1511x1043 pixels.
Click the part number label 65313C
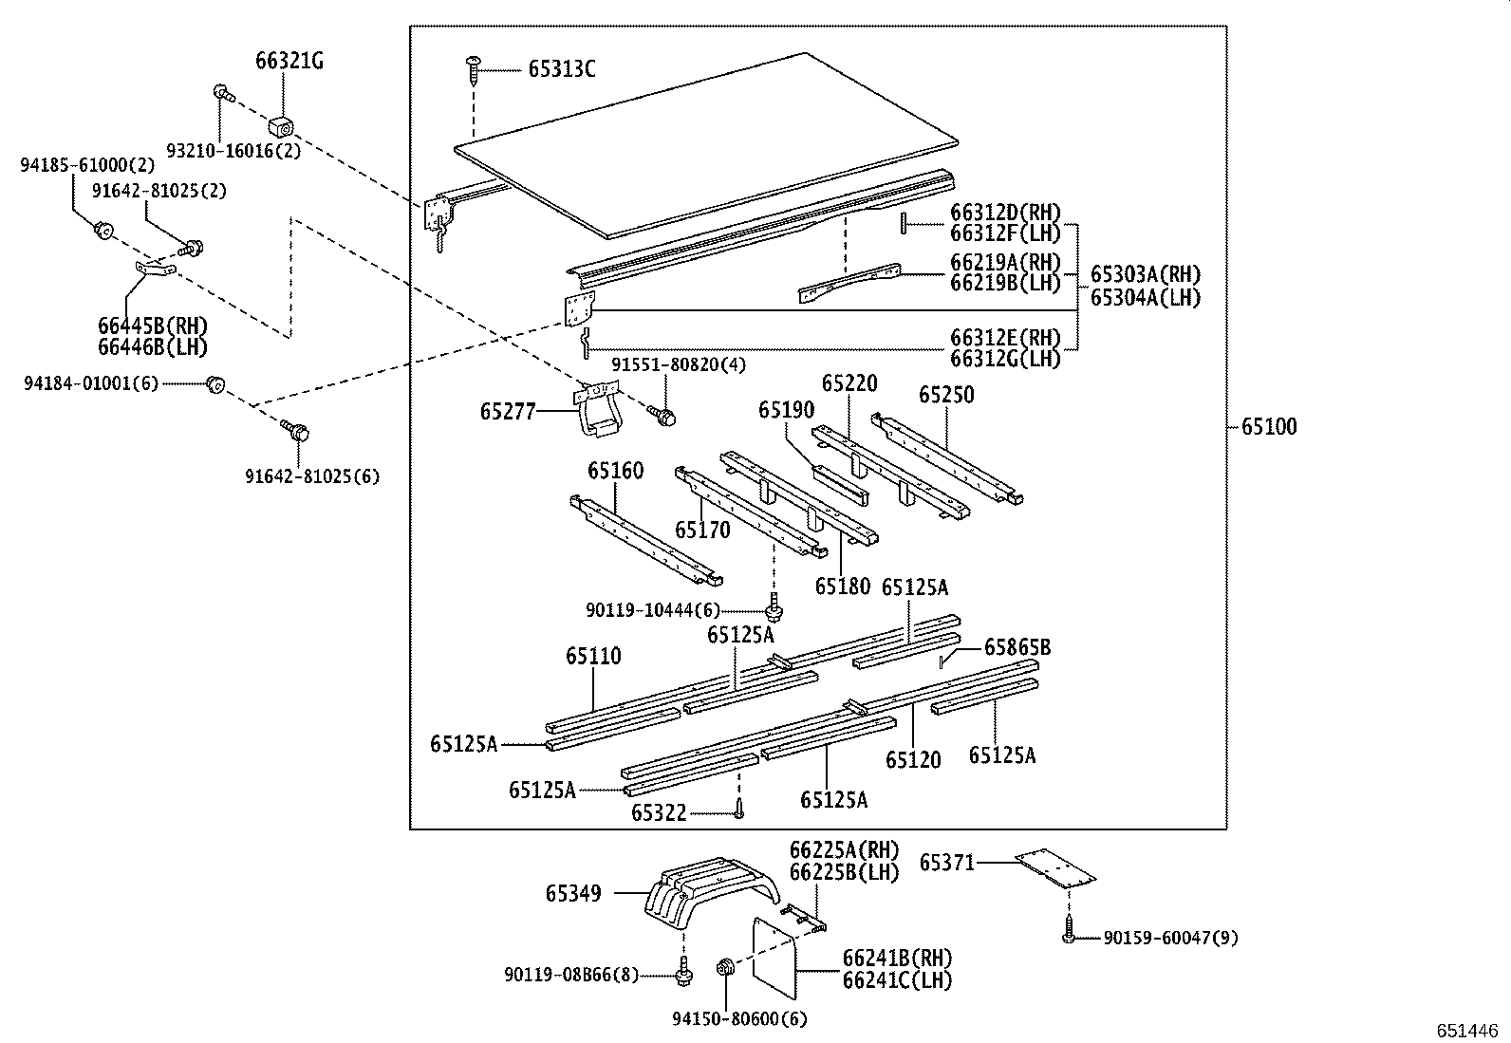[x=562, y=69]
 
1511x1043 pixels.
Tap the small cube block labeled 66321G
[x=281, y=124]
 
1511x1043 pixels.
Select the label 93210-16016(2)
[x=233, y=151]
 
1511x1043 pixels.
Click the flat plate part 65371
[x=1055, y=866]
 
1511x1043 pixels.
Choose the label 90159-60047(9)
[x=1170, y=939]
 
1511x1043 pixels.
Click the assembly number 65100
[x=1269, y=427]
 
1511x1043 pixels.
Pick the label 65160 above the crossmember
[x=615, y=471]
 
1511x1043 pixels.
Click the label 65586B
[x=1017, y=648]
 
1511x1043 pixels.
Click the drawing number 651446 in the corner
[x=1467, y=1030]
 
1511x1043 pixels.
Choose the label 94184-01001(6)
[x=91, y=383]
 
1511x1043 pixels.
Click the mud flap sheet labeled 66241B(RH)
[x=774, y=959]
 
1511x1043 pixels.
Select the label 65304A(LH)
[x=1145, y=297]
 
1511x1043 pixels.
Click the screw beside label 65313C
[x=474, y=70]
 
